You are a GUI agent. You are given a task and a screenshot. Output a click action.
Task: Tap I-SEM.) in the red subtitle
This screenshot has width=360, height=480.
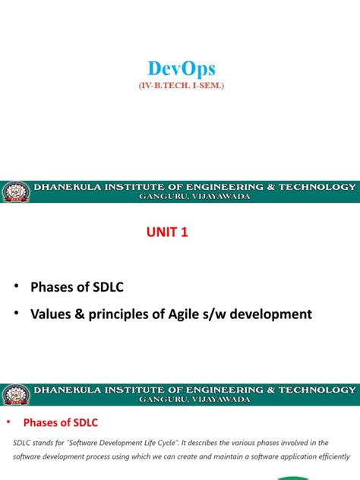pos(207,87)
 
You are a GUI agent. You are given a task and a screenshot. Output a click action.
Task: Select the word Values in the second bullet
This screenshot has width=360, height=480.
pos(50,314)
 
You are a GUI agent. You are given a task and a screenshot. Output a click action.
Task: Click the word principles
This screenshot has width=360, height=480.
pos(122,314)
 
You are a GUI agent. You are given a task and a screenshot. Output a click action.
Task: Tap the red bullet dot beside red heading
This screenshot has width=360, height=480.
pos(9,422)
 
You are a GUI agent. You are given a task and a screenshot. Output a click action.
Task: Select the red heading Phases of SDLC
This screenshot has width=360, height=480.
pos(62,422)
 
